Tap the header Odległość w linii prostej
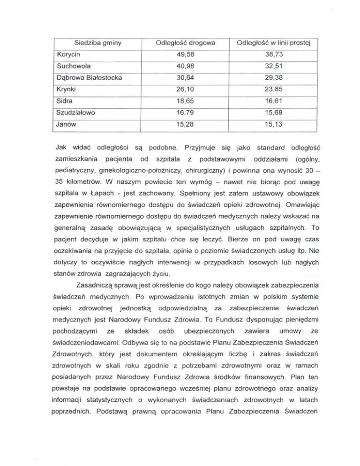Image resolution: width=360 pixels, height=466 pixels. [272, 44]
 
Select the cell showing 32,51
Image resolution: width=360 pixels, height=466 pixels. [272, 67]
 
